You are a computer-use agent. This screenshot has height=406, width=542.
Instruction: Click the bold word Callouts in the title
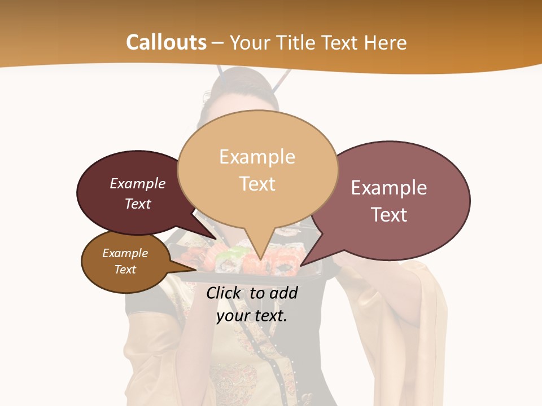click(166, 43)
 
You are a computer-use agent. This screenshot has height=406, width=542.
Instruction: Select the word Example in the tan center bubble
click(257, 157)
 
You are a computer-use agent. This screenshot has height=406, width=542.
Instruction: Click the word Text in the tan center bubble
click(257, 184)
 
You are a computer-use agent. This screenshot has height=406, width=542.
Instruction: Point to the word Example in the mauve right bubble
click(389, 188)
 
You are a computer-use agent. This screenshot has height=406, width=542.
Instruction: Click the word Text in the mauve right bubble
click(389, 215)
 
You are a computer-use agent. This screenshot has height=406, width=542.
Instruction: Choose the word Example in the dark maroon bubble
click(138, 184)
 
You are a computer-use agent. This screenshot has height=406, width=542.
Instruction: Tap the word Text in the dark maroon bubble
click(138, 204)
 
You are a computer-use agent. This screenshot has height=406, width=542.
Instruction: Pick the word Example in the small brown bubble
click(125, 253)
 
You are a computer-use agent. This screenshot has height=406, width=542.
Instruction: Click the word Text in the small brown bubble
click(125, 270)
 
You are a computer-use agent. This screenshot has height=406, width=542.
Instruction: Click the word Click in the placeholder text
click(224, 293)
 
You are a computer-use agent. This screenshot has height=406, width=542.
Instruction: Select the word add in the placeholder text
click(284, 293)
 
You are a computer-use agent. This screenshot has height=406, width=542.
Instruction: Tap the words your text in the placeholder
click(252, 316)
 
